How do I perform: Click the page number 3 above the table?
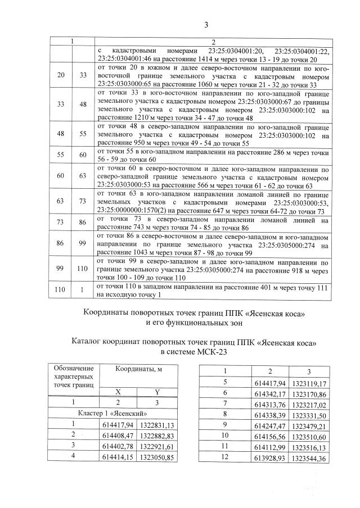(206, 24)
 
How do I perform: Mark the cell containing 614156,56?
(269, 435)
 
